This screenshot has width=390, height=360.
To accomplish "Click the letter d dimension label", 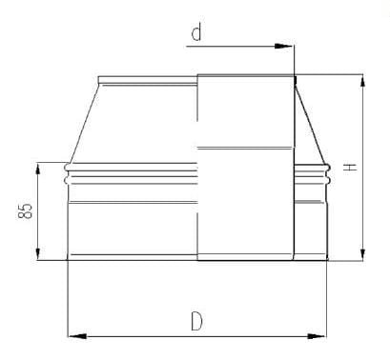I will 196,35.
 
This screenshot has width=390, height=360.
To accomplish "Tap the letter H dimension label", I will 350,167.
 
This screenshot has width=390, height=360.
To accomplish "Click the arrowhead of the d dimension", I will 287,45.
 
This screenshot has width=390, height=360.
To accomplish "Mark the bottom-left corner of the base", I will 67,259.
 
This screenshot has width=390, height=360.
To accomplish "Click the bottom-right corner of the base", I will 326,259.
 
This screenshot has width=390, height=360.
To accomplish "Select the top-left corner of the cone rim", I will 99,77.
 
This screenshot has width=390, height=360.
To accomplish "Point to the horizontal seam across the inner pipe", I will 245,147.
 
